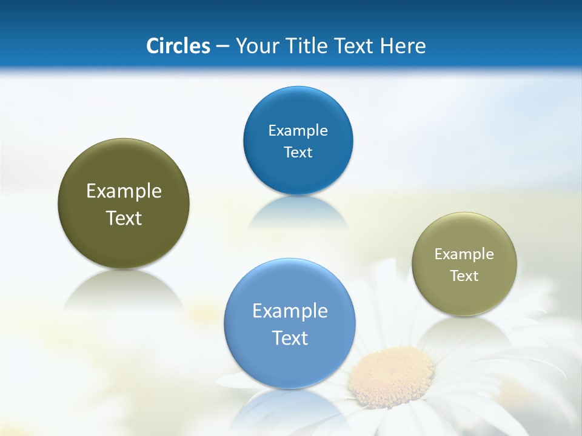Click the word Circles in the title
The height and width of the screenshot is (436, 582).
click(x=178, y=46)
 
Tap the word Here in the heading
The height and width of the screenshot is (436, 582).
click(x=403, y=46)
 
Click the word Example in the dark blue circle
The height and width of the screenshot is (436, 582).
click(x=298, y=130)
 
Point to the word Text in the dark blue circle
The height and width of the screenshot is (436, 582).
click(x=298, y=152)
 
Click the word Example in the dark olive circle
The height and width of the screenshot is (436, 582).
click(x=124, y=191)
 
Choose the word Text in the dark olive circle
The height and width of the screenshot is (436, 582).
click(x=124, y=218)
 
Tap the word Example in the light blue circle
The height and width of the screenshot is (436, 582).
click(x=290, y=311)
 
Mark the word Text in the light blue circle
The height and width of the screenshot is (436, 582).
click(x=290, y=338)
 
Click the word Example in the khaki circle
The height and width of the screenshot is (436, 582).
click(x=464, y=254)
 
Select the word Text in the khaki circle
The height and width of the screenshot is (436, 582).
click(x=464, y=276)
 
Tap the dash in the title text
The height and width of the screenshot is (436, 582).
click(x=222, y=47)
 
